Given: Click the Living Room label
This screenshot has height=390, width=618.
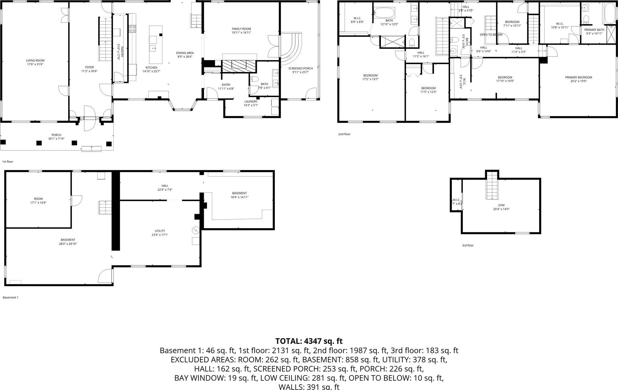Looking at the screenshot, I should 35,61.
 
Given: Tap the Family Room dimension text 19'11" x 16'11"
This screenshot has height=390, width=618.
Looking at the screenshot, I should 241,33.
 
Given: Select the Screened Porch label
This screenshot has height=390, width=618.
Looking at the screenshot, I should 301,68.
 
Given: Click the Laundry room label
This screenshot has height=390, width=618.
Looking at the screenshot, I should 251,101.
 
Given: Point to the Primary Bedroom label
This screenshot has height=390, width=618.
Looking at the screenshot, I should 578,77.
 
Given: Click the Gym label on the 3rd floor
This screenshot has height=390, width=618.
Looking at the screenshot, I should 501,205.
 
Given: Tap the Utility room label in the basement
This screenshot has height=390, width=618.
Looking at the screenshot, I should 160,231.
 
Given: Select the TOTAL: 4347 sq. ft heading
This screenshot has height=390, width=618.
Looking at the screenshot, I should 309,341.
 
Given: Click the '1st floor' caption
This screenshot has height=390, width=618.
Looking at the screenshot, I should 8,161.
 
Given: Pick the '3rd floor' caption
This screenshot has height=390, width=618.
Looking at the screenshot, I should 468,245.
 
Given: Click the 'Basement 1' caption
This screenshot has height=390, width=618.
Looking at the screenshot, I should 11,297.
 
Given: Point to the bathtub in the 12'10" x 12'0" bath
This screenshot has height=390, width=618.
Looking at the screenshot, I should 384,14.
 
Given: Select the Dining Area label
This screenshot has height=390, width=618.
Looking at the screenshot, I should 185,53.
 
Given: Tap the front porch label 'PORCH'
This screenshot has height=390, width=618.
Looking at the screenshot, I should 56,135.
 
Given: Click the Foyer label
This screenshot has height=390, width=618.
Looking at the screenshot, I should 89,67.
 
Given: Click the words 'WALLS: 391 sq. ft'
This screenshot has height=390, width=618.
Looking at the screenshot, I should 309,387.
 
